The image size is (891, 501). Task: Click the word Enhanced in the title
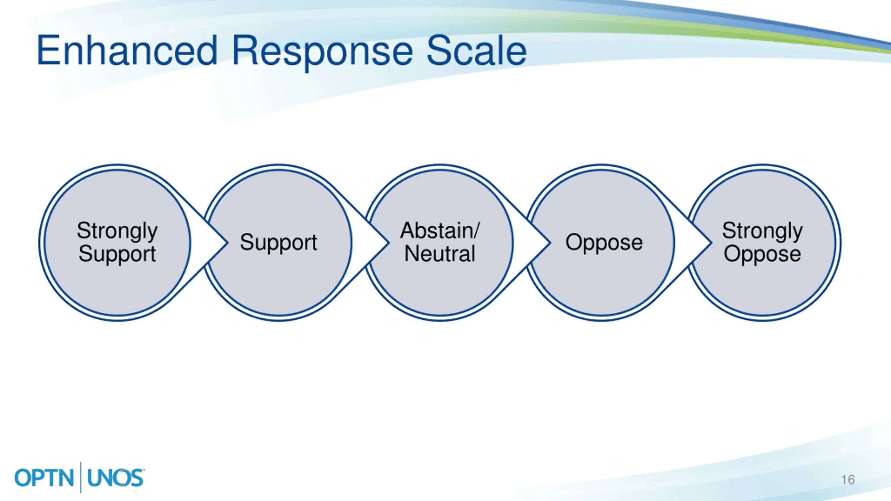[127, 50]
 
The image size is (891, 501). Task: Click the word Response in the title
[322, 52]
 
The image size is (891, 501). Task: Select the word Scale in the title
[477, 50]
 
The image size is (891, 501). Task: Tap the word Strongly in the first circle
[117, 231]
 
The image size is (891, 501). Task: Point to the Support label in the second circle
[278, 243]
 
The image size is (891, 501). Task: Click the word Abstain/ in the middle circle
[440, 230]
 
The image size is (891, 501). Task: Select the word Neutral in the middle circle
[440, 253]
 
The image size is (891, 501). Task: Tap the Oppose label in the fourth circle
[604, 243]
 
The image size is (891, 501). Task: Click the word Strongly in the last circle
[763, 231]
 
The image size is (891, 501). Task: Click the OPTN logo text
[44, 478]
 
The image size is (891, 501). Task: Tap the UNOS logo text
[116, 478]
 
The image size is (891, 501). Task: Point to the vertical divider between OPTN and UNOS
[81, 477]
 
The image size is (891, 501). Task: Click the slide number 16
[848, 480]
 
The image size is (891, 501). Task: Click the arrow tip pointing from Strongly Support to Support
[228, 243]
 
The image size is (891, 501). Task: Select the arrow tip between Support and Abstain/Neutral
[389, 243]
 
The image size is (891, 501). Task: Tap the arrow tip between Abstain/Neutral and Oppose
[550, 243]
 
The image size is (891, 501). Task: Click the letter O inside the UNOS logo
[122, 478]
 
